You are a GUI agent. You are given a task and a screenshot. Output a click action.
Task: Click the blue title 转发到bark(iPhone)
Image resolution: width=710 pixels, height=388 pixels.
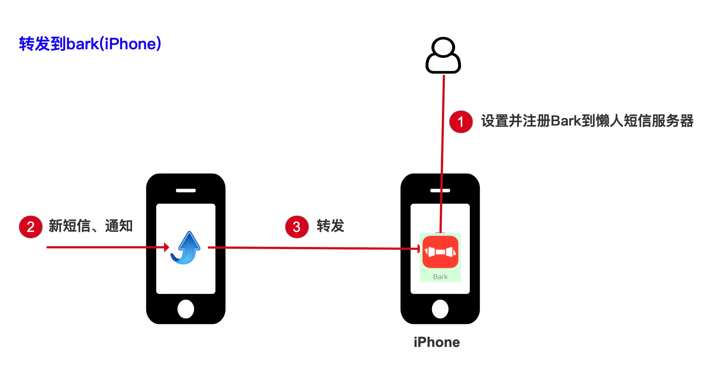[x=90, y=44]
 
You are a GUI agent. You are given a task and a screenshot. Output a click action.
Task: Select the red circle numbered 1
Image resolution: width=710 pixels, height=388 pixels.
[x=461, y=121]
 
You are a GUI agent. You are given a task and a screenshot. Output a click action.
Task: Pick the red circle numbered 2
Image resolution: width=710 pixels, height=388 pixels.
[x=30, y=227]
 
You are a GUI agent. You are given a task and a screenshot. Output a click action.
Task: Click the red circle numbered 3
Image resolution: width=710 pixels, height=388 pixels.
[x=297, y=227]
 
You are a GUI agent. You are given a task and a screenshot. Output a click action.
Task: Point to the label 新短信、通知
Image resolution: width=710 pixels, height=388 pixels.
[x=90, y=226]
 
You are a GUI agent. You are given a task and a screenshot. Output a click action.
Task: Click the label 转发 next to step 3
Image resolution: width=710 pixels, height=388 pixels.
[x=330, y=226]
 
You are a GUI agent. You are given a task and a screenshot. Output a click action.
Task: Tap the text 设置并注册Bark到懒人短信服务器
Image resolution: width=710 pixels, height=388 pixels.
[x=587, y=121]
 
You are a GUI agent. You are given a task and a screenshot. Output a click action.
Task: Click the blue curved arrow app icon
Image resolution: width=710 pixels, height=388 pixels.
[x=185, y=248]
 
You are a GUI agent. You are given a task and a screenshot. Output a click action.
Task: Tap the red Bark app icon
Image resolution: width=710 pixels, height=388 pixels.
[x=440, y=252]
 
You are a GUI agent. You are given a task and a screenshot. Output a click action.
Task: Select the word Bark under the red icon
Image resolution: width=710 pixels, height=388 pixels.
[x=440, y=277]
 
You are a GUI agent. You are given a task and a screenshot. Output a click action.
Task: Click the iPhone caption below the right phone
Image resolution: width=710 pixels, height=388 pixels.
[x=437, y=342]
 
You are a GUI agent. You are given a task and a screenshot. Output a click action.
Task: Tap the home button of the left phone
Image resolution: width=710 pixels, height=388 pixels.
[x=186, y=309]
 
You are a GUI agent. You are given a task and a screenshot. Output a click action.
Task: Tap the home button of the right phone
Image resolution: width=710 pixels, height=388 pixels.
[x=440, y=309]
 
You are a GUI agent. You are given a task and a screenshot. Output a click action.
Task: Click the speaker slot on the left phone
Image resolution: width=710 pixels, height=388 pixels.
[x=186, y=191]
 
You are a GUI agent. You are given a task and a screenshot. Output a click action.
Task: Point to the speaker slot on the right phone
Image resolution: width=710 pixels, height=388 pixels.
[x=440, y=191]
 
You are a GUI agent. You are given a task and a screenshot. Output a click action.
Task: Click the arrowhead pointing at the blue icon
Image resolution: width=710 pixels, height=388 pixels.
[x=167, y=247]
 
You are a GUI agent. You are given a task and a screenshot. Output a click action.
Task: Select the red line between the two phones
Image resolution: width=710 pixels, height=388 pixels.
[x=314, y=248]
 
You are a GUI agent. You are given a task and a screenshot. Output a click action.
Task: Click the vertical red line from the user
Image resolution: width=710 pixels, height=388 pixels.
[x=442, y=154]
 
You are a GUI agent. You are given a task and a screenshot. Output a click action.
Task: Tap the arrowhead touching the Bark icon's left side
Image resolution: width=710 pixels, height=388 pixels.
[x=419, y=249]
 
